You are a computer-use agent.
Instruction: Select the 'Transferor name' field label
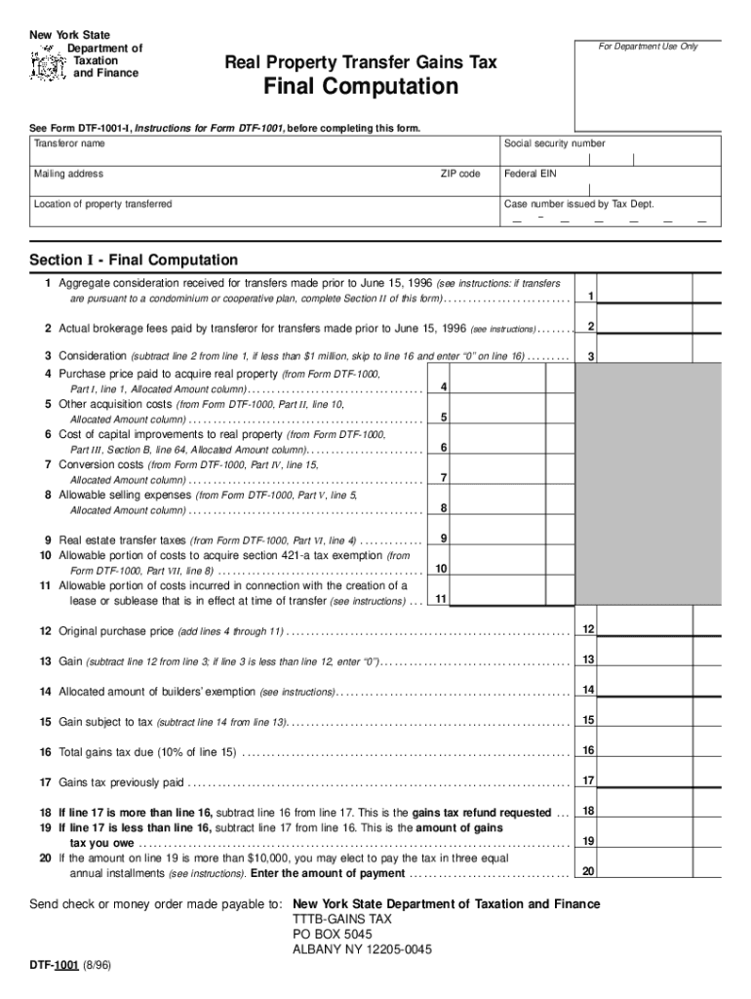[69, 143]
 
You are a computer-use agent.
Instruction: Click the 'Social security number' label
[554, 143]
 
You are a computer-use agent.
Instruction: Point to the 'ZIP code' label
[459, 174]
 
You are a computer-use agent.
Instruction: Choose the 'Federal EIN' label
[532, 174]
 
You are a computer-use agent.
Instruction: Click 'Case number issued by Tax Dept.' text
[578, 204]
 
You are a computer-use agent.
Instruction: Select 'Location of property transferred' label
[102, 204]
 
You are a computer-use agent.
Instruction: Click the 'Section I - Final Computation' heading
[134, 260]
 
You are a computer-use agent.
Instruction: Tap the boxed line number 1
[590, 296]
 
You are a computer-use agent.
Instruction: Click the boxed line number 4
[444, 387]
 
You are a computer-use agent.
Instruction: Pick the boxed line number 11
[441, 598]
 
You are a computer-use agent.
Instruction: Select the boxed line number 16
[588, 750]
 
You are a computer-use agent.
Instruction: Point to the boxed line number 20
[588, 871]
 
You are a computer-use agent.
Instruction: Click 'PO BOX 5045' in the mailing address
[332, 934]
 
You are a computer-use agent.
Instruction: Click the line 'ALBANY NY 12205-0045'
[362, 949]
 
